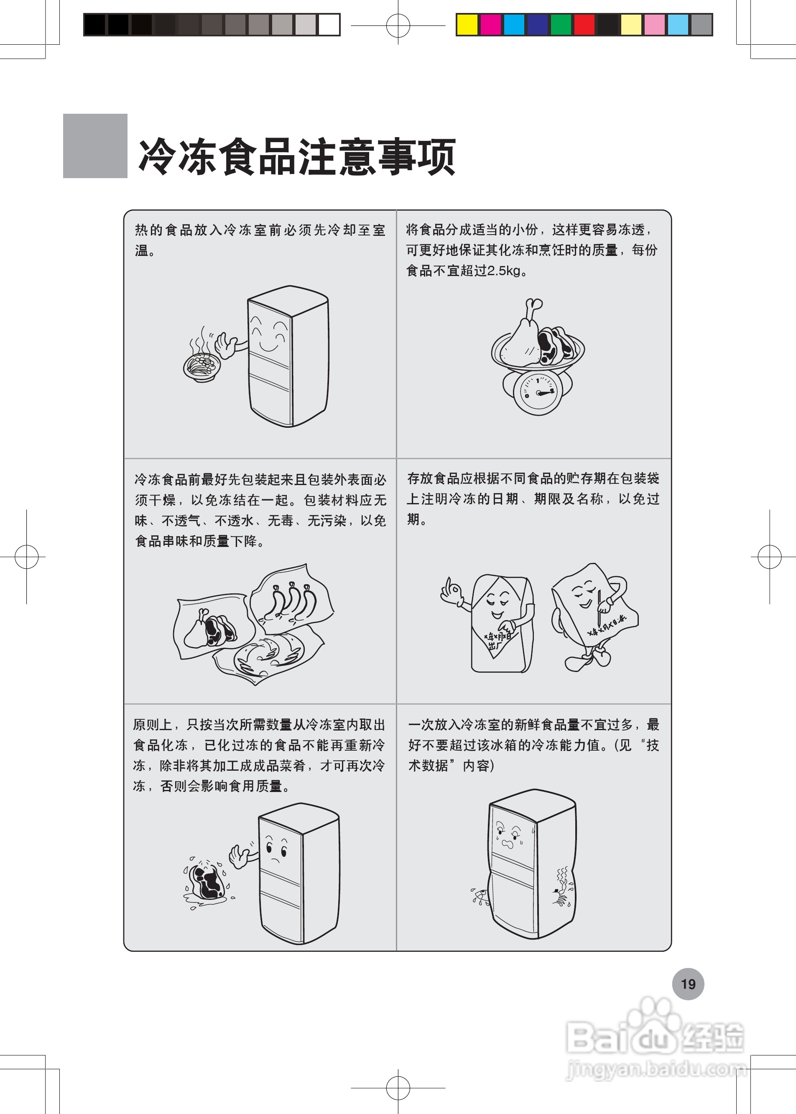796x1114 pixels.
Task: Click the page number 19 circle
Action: tap(688, 984)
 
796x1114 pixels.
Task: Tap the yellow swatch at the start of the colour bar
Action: tap(467, 25)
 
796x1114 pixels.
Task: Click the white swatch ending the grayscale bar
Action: tap(329, 25)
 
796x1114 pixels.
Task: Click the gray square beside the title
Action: tap(95, 146)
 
